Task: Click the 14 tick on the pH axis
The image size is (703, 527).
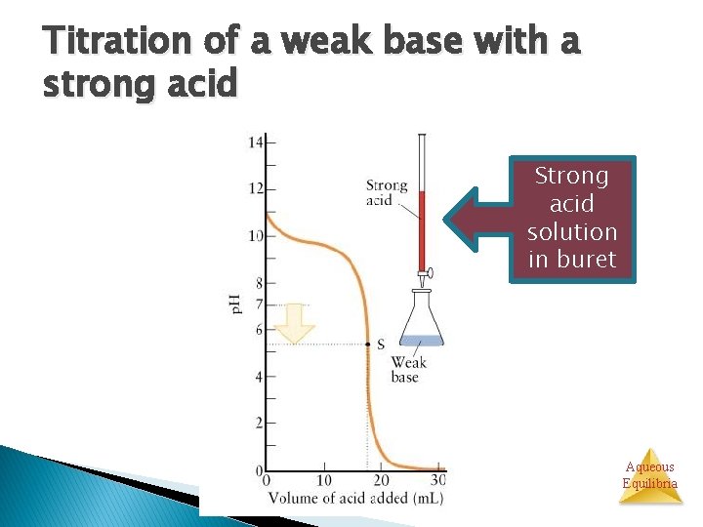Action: (x=255, y=142)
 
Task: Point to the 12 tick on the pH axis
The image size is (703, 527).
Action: (x=255, y=188)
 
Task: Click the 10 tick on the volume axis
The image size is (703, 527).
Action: (x=324, y=480)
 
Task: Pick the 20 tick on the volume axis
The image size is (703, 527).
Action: (x=382, y=480)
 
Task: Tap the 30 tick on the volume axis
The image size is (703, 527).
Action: (x=438, y=480)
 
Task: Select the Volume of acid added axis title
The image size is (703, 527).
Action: (x=356, y=498)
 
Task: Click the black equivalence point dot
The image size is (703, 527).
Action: (x=367, y=344)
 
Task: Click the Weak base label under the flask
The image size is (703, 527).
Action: (x=408, y=369)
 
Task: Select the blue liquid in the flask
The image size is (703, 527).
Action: (x=423, y=341)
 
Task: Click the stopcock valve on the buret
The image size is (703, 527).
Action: (x=425, y=275)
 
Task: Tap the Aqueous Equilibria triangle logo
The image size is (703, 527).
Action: (x=649, y=475)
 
